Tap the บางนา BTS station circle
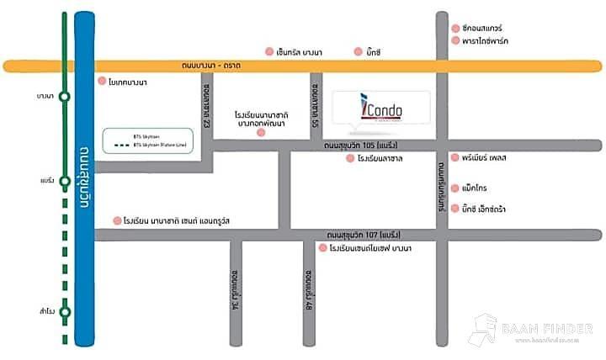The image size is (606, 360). tap(65, 97)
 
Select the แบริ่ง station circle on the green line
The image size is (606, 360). tap(65, 180)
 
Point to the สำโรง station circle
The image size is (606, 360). tap(65, 311)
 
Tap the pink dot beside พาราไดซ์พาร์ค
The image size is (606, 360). tap(455, 40)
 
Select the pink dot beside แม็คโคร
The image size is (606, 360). tap(455, 187)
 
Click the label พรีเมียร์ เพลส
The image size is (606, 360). tap(487, 157)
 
